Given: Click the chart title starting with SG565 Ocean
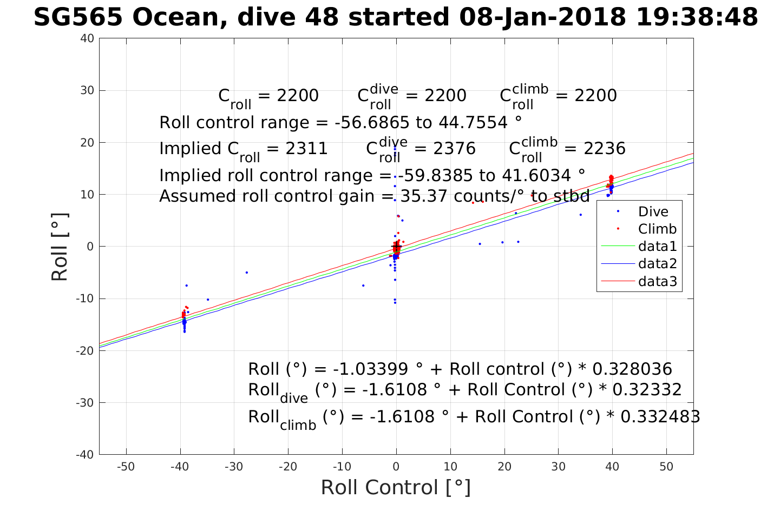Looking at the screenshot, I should (x=396, y=17).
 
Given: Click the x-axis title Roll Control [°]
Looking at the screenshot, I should (x=396, y=487).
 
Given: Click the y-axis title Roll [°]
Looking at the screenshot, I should (x=60, y=247).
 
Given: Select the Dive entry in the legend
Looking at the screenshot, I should (x=653, y=211).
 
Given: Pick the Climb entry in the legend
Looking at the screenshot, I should (x=657, y=229).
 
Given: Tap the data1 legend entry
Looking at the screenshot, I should (x=657, y=247).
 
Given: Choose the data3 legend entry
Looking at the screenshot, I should (x=657, y=281).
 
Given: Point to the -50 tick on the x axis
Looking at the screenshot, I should (x=126, y=467).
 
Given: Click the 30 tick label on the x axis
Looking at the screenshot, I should (x=558, y=467).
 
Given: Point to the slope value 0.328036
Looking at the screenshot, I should (x=632, y=369).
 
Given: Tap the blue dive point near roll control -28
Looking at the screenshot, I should (x=247, y=273).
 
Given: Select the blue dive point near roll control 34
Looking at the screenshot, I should (x=581, y=215).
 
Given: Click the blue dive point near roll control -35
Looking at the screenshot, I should (x=207, y=300).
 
